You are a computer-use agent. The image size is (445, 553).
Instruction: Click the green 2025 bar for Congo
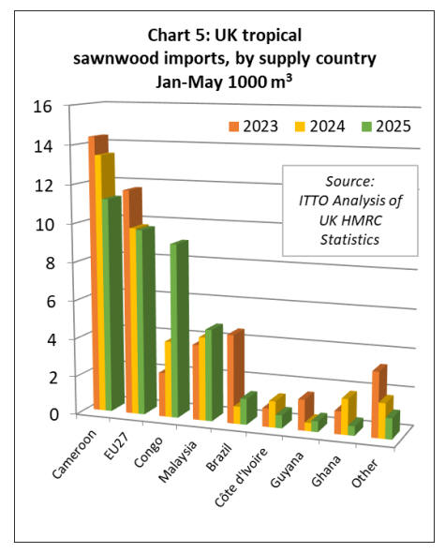coord(179,330)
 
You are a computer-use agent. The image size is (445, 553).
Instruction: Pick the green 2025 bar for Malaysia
coord(214,373)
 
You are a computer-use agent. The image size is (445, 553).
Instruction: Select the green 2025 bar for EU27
coord(145,321)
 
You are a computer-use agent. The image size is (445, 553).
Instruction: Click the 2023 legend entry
coord(253,127)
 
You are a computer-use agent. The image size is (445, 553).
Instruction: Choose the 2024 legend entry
coord(319,127)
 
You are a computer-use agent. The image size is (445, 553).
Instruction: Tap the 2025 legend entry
coord(386,127)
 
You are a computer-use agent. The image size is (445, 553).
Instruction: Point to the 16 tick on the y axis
coord(43,106)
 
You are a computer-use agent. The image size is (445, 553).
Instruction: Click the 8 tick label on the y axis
coord(50,262)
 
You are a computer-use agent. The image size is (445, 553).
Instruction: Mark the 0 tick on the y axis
coord(54,414)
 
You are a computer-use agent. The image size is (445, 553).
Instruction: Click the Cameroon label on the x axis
coord(74,455)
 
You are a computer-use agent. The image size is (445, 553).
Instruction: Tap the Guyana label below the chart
coord(287,470)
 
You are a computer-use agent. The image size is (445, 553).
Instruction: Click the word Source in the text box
coord(349,181)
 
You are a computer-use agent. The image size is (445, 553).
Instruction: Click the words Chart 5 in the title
coord(176,36)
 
